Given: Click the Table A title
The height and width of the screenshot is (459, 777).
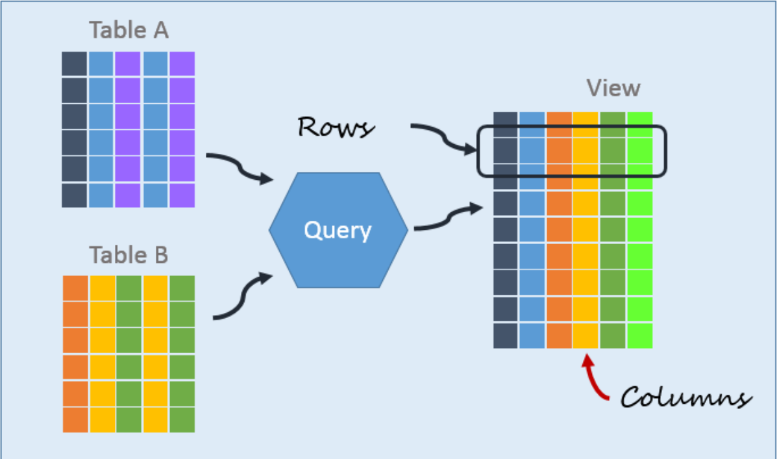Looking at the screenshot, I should point(129,30).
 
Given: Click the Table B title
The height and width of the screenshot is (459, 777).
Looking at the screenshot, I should point(129,254).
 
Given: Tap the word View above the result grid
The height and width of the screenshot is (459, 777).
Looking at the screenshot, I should point(613,88).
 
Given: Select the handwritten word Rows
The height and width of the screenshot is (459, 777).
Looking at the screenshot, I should point(336,127).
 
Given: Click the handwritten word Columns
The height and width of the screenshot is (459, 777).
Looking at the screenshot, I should point(685,397).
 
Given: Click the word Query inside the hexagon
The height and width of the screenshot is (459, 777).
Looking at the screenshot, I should point(338,230).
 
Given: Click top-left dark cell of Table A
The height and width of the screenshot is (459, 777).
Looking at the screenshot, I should point(74,64).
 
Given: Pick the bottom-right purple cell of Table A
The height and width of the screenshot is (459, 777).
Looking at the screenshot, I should point(182,195).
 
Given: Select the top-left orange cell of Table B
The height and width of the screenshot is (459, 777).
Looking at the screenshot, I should point(75,288).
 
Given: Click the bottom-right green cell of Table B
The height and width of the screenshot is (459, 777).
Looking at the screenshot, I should point(182,420).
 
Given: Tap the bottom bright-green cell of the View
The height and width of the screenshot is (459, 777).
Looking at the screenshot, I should point(640,336).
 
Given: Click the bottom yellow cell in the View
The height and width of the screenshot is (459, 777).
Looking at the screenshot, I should point(586,336).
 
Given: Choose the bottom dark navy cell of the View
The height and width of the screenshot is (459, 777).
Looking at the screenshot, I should point(505,336).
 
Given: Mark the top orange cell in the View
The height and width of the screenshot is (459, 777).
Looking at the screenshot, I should point(559,123).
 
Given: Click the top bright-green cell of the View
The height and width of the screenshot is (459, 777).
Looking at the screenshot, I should point(640,123).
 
